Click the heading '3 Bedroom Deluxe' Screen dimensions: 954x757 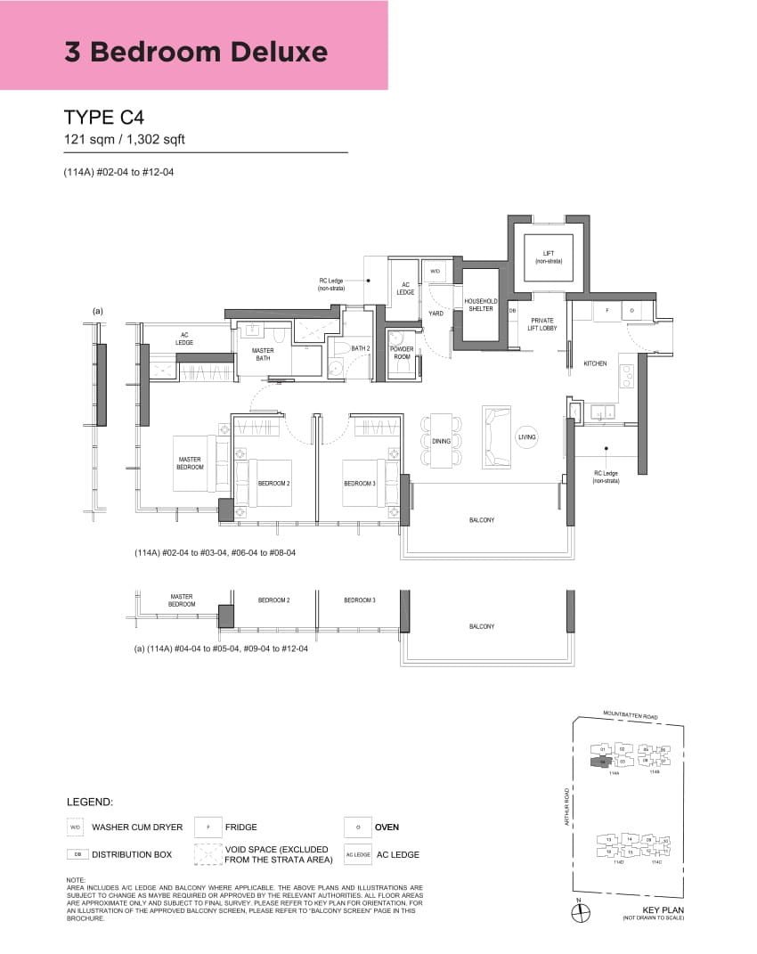[x=196, y=52]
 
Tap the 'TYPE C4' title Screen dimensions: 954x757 [x=104, y=118]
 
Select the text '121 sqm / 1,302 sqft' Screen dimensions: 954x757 [x=124, y=139]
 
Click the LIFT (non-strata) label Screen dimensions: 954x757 [x=548, y=258]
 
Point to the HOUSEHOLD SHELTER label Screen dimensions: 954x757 [x=480, y=306]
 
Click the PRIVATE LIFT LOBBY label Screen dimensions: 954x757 [x=542, y=323]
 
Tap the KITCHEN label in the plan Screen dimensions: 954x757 [x=595, y=363]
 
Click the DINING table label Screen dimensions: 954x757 [x=441, y=441]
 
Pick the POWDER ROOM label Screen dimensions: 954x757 [x=402, y=353]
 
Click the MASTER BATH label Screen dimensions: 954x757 [x=263, y=354]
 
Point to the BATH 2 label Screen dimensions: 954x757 [x=360, y=348]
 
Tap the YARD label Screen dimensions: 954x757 [x=435, y=314]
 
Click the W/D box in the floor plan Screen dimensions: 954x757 [x=435, y=271]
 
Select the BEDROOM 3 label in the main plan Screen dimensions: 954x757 [x=360, y=484]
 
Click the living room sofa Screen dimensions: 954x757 [x=496, y=436]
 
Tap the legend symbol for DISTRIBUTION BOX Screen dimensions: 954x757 [x=75, y=854]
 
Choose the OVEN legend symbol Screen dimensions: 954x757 [x=357, y=827]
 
